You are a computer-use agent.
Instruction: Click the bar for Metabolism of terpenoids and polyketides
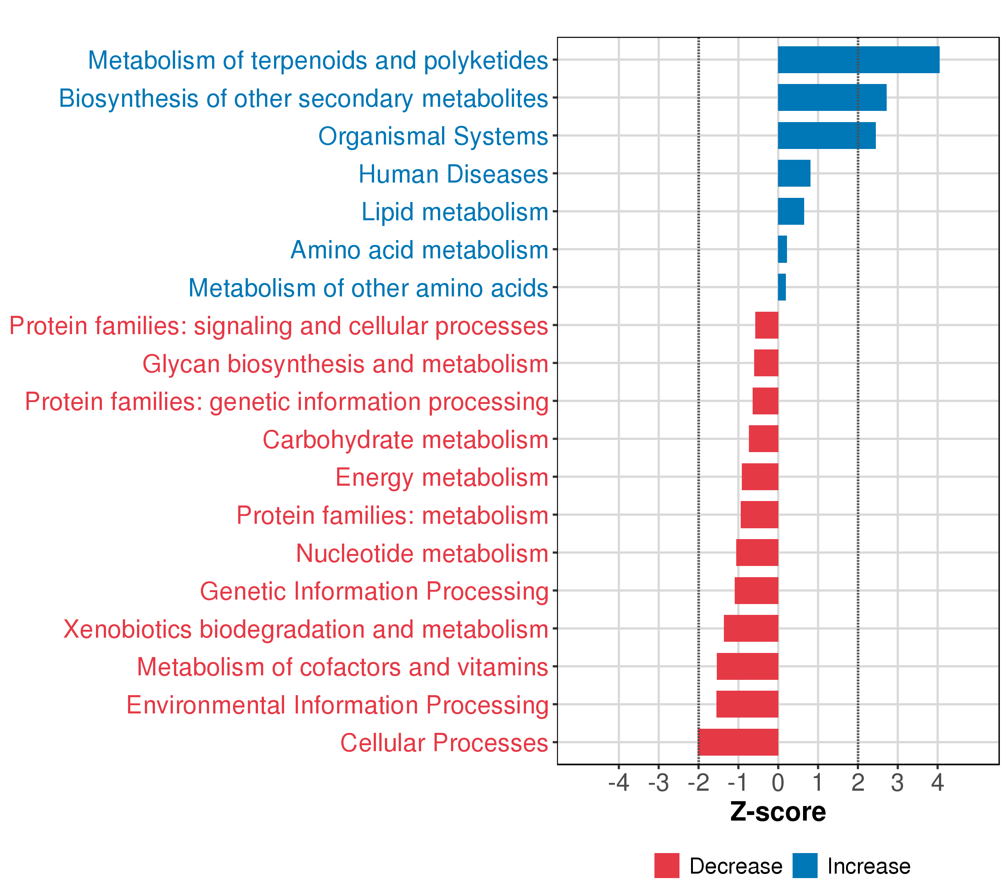pyautogui.click(x=858, y=60)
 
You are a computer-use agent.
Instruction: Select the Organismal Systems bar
pyautogui.click(x=827, y=136)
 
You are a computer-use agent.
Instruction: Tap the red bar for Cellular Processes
pyautogui.click(x=738, y=742)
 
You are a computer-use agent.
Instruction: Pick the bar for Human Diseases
pyautogui.click(x=794, y=174)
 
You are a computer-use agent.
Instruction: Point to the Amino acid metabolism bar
pyautogui.click(x=783, y=249)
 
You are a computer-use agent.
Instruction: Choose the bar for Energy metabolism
pyautogui.click(x=760, y=477)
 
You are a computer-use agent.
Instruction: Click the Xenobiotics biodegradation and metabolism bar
pyautogui.click(x=751, y=628)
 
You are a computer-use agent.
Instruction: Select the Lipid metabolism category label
pyautogui.click(x=455, y=212)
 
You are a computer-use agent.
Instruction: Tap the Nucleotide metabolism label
pyautogui.click(x=422, y=553)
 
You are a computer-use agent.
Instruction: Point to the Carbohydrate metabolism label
pyautogui.click(x=405, y=440)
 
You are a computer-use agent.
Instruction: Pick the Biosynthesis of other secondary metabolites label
pyautogui.click(x=303, y=99)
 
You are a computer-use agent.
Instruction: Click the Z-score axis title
pyautogui.click(x=778, y=812)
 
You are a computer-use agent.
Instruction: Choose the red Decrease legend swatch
pyautogui.click(x=667, y=866)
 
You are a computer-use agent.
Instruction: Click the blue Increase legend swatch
pyautogui.click(x=805, y=866)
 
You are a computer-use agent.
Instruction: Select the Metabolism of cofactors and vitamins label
pyautogui.click(x=343, y=667)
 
